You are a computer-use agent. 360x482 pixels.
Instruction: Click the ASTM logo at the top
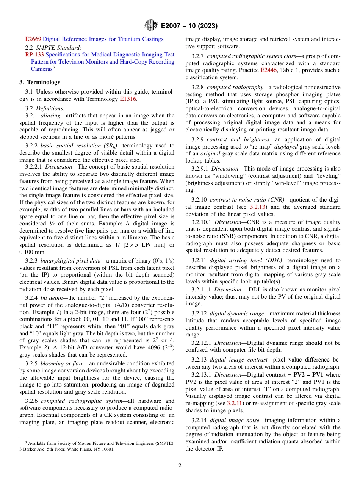coord(150,26)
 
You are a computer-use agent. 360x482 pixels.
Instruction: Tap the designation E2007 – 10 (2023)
coord(189,26)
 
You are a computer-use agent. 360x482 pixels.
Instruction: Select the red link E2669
coord(33,39)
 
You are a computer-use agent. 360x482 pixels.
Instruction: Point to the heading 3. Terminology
coord(40,82)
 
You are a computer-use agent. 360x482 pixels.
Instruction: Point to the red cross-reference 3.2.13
coord(257,207)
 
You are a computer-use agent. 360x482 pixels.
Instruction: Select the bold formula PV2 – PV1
coord(310,375)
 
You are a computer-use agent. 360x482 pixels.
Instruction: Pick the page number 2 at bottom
coord(180,466)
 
